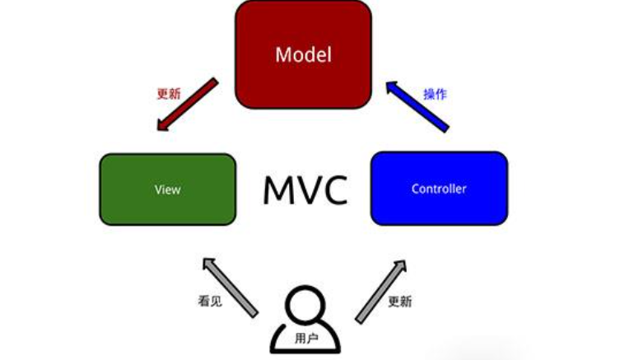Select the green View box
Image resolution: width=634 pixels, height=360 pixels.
click(167, 189)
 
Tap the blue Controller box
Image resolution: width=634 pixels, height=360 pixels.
click(439, 189)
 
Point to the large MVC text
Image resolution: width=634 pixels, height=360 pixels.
click(305, 190)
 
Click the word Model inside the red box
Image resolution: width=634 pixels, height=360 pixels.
click(303, 55)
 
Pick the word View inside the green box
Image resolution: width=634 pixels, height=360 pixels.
click(167, 189)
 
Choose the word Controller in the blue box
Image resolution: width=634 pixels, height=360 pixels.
click(439, 189)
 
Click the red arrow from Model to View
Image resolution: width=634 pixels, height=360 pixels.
click(186, 105)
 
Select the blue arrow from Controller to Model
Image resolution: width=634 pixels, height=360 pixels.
click(417, 105)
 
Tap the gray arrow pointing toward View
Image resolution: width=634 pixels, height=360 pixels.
click(230, 286)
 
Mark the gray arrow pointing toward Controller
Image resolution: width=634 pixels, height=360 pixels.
click(381, 290)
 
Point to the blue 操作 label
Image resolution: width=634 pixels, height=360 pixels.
click(435, 94)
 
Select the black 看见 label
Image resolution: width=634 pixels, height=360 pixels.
click(210, 302)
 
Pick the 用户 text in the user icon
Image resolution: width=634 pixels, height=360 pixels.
click(305, 338)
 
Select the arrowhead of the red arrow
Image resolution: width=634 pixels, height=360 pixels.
click(161, 124)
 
